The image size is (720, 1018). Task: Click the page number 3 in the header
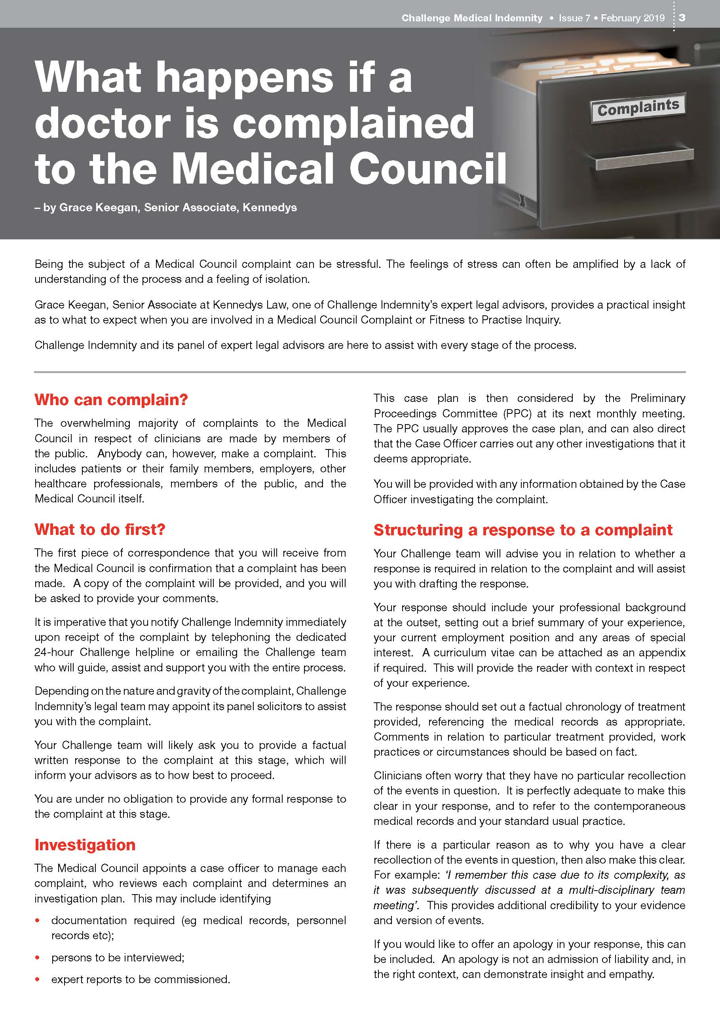682,18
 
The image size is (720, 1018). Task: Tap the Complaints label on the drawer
638,107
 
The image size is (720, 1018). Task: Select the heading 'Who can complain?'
111,400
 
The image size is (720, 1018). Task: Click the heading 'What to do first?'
100,529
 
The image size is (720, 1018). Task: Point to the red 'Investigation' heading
85,845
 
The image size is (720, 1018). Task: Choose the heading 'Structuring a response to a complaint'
523,530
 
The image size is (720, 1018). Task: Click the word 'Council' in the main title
428,169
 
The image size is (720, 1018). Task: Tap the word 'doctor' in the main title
103,122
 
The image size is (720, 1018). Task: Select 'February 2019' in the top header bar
633,18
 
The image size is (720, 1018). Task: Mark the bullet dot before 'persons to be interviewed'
38,958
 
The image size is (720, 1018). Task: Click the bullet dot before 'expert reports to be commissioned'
38,980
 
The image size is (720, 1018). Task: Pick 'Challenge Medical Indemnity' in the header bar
472,18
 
